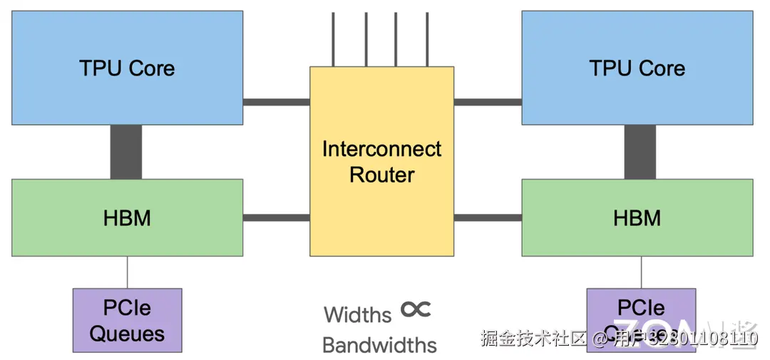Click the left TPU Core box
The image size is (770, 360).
tap(127, 68)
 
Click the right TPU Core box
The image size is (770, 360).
tap(637, 68)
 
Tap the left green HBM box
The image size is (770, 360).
tap(127, 217)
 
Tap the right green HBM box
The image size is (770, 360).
tap(637, 217)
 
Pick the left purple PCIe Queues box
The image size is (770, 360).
tap(127, 320)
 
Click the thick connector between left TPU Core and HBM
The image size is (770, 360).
tap(126, 152)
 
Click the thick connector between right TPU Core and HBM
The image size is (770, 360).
tap(640, 152)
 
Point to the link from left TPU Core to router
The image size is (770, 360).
tap(276, 102)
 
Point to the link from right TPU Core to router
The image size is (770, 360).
tap(488, 102)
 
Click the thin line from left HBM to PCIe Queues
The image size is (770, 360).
tap(128, 272)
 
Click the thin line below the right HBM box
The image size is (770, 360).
tap(641, 272)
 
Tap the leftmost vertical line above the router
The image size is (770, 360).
tap(334, 39)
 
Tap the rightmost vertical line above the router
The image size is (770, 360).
tap(428, 39)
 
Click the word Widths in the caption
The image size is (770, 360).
tap(358, 314)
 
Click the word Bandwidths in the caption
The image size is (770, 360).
tap(379, 345)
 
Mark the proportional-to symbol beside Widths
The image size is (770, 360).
tap(416, 309)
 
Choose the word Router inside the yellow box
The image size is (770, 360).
tap(381, 175)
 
